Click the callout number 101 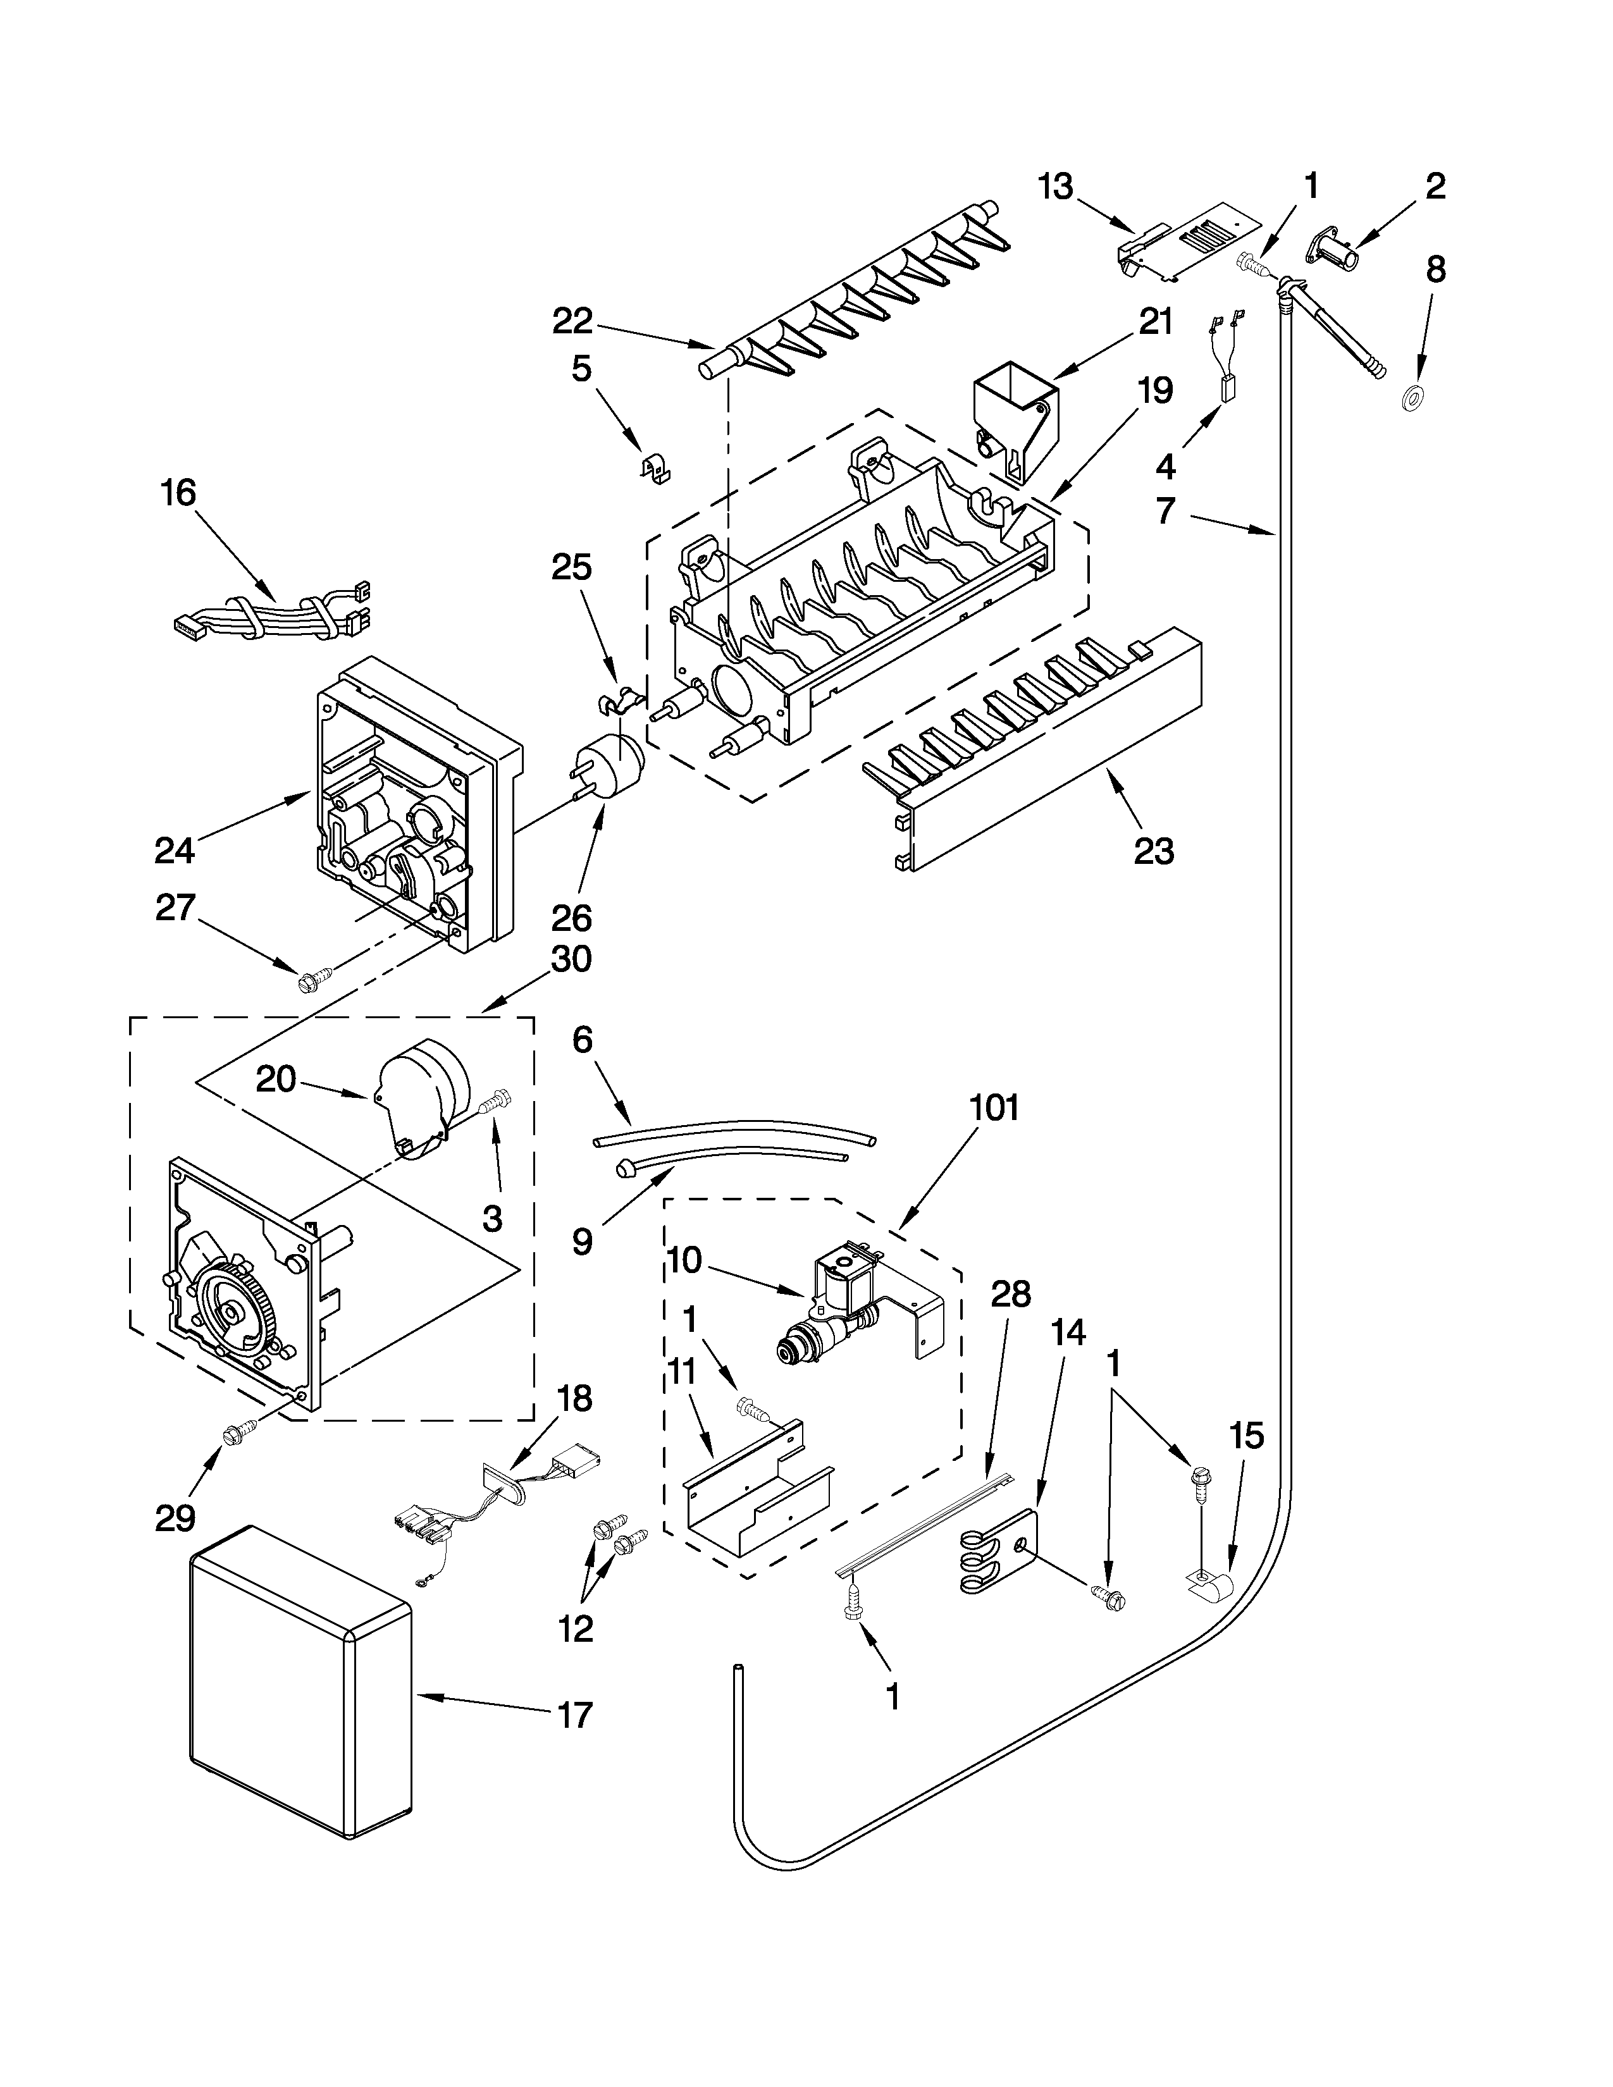coord(994,1109)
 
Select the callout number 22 coord(572,322)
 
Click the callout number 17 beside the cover coord(574,1715)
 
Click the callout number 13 coord(1056,187)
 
